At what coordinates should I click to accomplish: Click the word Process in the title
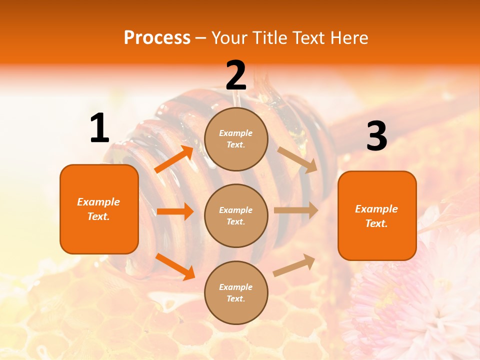[157, 37]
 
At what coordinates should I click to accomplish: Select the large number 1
[99, 128]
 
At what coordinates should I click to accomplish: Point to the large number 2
[236, 75]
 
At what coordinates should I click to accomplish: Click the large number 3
[376, 136]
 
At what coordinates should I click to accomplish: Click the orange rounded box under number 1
[99, 209]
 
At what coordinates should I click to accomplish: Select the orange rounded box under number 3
[377, 216]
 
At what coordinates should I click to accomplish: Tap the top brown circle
[236, 139]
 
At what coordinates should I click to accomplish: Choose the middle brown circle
[236, 216]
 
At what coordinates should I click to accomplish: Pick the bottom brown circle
[236, 293]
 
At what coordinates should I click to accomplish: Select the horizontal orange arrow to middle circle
[175, 211]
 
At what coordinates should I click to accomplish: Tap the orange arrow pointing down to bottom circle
[175, 266]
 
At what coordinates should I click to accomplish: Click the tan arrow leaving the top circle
[297, 160]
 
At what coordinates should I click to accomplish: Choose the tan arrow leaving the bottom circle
[294, 265]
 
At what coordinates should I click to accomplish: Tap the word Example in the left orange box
[98, 202]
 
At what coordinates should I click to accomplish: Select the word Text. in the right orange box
[376, 223]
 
